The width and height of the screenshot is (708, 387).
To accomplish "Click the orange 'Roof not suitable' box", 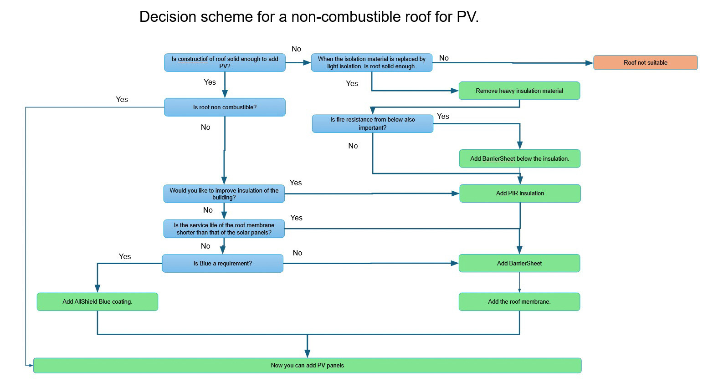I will coord(645,63).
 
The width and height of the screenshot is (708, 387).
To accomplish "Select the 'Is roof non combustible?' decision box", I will coord(225,107).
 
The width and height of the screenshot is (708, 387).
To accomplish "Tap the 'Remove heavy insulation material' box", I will coord(519,91).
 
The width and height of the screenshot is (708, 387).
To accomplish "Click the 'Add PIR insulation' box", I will coord(520,193).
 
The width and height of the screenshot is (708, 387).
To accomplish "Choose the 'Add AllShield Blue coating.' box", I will coord(97,302).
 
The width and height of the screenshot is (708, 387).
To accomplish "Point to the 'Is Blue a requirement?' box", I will coord(222,264).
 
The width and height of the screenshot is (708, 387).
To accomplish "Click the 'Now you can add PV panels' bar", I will coord(307,366).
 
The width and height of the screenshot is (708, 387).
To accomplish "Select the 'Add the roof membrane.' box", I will coord(519,302).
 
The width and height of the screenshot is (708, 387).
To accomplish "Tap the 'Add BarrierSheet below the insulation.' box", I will coord(519,159).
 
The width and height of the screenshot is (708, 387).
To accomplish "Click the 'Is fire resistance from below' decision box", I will coord(372,124).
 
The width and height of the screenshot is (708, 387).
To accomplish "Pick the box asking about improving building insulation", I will coord(224,194).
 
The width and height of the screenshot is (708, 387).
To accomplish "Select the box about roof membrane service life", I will coord(224,229).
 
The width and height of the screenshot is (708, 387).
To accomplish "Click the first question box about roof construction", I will coord(225,63).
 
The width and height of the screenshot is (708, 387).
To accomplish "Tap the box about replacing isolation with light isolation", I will coord(371,63).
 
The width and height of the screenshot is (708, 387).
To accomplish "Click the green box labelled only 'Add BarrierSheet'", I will coord(519,264).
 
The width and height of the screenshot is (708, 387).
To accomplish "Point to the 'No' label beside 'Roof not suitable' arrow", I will coord(444,58).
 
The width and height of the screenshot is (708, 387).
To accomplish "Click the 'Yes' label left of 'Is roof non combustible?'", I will coord(122,100).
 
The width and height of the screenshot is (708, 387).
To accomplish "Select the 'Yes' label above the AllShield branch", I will coord(125,257).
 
